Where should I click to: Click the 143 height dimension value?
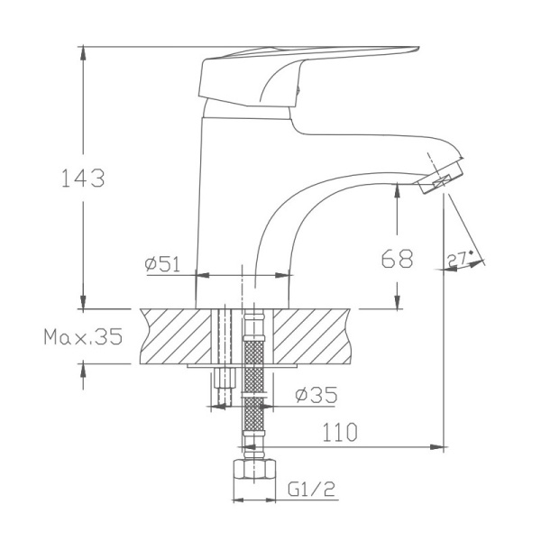tap(83, 178)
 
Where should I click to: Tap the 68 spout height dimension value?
tap(397, 260)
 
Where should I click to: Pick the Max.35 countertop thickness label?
tap(82, 337)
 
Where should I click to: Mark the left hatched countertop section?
tap(176, 335)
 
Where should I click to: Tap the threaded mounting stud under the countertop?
tap(223, 388)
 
